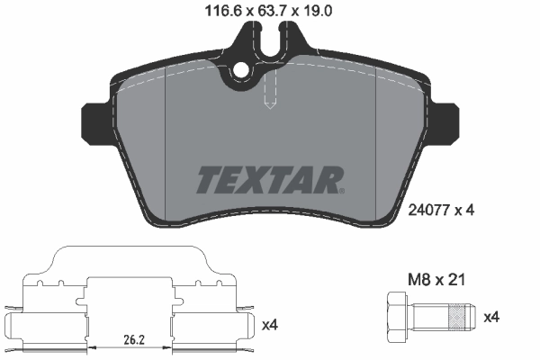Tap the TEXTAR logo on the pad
[268, 180]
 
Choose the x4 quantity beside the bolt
[494, 316]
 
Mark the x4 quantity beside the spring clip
[269, 321]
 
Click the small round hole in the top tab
[241, 70]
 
